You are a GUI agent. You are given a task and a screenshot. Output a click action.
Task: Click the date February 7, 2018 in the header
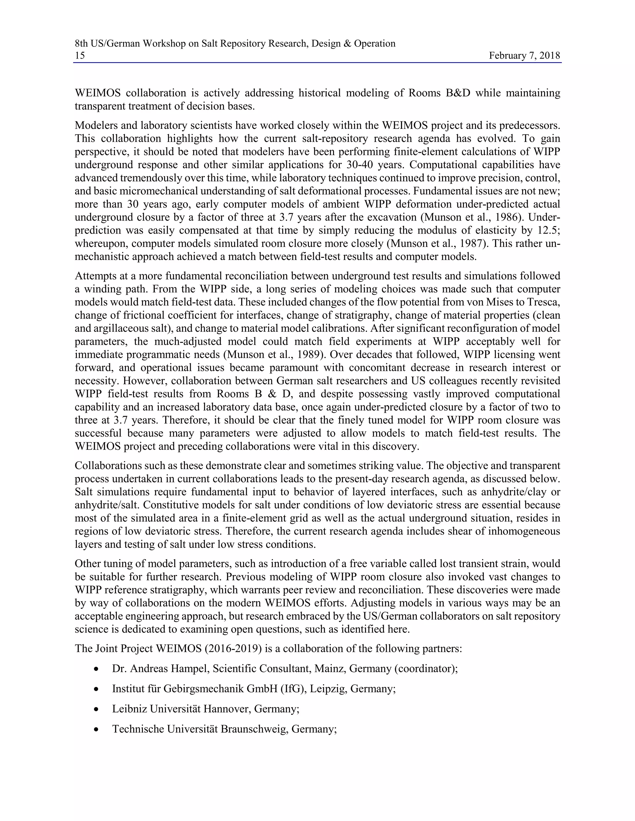[x=524, y=56]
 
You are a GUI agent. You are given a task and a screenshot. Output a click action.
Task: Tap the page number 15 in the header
[x=80, y=56]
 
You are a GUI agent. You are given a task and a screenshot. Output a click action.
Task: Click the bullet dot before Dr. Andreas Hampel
[x=97, y=670]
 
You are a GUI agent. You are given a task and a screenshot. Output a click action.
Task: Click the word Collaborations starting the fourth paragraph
[x=107, y=466]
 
